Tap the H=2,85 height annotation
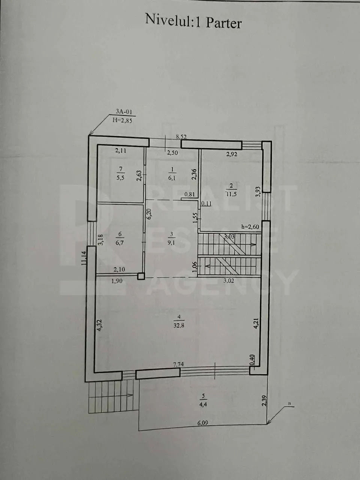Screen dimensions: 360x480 [x=122, y=120]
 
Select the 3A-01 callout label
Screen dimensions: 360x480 [x=124, y=112]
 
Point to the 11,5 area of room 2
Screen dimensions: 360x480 [x=231, y=194]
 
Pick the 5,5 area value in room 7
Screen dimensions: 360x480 [x=120, y=177]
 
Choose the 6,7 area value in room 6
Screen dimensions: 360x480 [x=120, y=243]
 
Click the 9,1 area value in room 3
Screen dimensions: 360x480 [x=171, y=243]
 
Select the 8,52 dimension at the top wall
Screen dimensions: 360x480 [x=181, y=136]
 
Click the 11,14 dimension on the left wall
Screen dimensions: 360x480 [x=84, y=258]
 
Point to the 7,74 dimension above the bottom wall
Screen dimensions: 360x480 [x=178, y=364]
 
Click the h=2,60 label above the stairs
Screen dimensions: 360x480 [x=250, y=226]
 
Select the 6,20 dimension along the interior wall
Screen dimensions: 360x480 [x=149, y=214]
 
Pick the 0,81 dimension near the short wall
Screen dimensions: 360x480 [x=189, y=194]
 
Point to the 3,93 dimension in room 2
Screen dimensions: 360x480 [x=258, y=192]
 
